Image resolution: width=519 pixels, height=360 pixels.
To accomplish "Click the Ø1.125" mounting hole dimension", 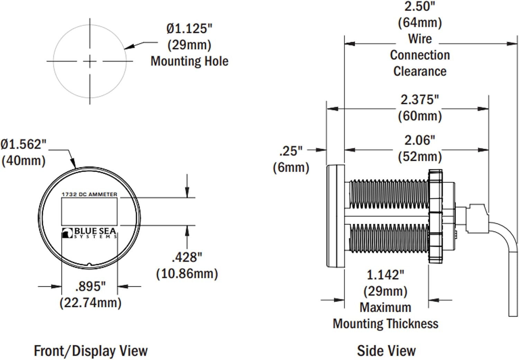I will tap(189, 29).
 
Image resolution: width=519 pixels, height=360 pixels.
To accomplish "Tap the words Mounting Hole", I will tap(189, 61).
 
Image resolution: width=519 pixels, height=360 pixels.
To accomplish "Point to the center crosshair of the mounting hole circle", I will tap(90, 62).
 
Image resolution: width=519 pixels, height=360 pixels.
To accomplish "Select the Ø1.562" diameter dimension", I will tap(23, 144).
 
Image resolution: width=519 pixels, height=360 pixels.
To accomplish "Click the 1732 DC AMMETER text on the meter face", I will tap(89, 195).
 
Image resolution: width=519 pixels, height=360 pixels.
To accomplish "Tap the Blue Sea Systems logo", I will tap(89, 233).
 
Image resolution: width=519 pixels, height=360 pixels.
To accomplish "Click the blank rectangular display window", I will tap(89, 211).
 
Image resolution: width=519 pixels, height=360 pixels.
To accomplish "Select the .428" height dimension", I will tap(187, 257).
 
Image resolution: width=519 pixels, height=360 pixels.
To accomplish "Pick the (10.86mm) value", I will tap(187, 273).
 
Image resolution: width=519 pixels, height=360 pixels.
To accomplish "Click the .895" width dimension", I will tap(90, 286).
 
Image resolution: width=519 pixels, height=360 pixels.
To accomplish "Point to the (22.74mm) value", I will tap(90, 303).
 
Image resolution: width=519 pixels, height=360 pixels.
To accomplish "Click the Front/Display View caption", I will tap(91, 351).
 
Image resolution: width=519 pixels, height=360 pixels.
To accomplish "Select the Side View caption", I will tap(386, 351).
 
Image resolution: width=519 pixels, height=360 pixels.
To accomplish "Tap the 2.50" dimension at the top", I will tap(419, 6).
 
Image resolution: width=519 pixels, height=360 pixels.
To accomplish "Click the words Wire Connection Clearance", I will tap(420, 55).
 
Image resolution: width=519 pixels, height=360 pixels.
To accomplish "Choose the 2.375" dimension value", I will tap(419, 100).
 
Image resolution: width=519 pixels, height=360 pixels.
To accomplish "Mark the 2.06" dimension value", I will tap(419, 140).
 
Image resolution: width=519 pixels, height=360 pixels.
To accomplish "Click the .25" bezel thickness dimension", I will tap(291, 151).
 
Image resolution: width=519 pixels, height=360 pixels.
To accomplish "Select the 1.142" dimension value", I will tap(385, 275).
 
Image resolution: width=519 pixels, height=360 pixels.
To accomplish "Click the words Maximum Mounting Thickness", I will tap(385, 316).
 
